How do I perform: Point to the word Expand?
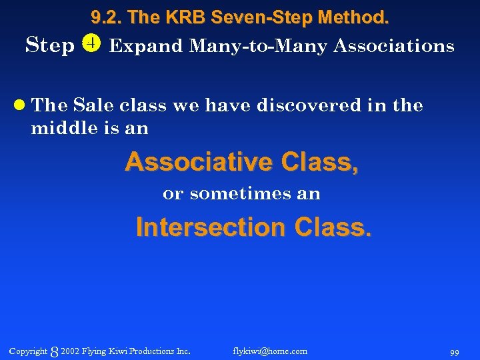[145, 47]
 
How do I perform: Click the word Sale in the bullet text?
[93, 105]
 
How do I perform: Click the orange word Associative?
[199, 162]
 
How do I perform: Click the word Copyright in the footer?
[28, 351]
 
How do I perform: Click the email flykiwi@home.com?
[270, 351]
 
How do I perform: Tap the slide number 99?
[454, 352]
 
